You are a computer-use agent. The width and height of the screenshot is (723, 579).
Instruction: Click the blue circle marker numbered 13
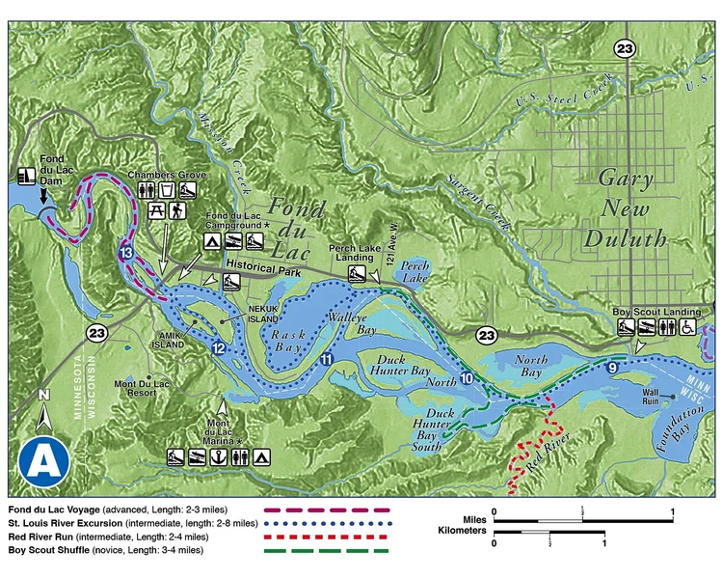(126, 253)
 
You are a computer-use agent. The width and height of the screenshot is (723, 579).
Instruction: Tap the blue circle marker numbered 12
(220, 347)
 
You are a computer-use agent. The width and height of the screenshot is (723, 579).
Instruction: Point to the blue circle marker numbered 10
(467, 378)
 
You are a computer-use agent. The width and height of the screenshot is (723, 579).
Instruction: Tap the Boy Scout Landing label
(655, 312)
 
